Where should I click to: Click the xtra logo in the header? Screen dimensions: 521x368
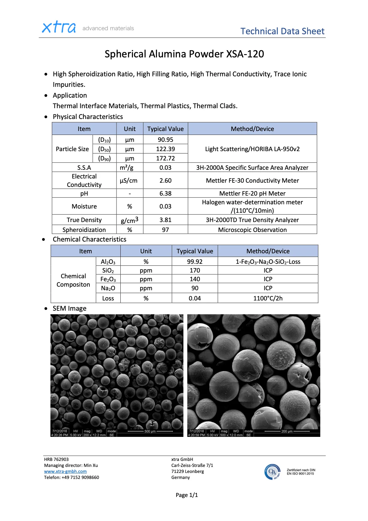tap(59, 27)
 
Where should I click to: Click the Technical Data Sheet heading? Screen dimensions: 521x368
tap(282, 31)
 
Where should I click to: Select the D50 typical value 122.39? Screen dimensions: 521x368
tap(165, 149)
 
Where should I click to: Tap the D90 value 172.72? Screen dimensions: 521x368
tap(165, 158)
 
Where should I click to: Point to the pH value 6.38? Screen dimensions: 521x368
tap(165, 193)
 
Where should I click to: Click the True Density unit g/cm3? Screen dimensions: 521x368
tap(129, 220)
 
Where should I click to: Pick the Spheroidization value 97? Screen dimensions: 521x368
tap(165, 230)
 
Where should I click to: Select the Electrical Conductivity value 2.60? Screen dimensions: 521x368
tap(165, 181)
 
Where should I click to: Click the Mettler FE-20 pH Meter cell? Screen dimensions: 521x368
tap(252, 193)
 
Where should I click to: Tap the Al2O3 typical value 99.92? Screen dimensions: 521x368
tap(195, 262)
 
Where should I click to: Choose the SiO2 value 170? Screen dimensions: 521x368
tap(195, 270)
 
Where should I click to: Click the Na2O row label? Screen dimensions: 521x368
tap(108, 288)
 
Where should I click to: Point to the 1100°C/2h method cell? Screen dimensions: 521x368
tap(268, 298)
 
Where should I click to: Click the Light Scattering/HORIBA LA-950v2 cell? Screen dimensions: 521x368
tap(252, 149)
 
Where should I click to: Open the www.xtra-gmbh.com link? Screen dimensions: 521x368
tap(65, 471)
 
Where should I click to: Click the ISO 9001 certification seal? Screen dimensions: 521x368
tap(273, 472)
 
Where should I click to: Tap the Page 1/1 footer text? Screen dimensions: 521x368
tap(187, 495)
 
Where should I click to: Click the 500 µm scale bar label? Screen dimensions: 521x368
tap(150, 431)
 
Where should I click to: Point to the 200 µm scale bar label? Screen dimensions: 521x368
tap(287, 431)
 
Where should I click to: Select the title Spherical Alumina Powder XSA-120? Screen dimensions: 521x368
tap(184, 54)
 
